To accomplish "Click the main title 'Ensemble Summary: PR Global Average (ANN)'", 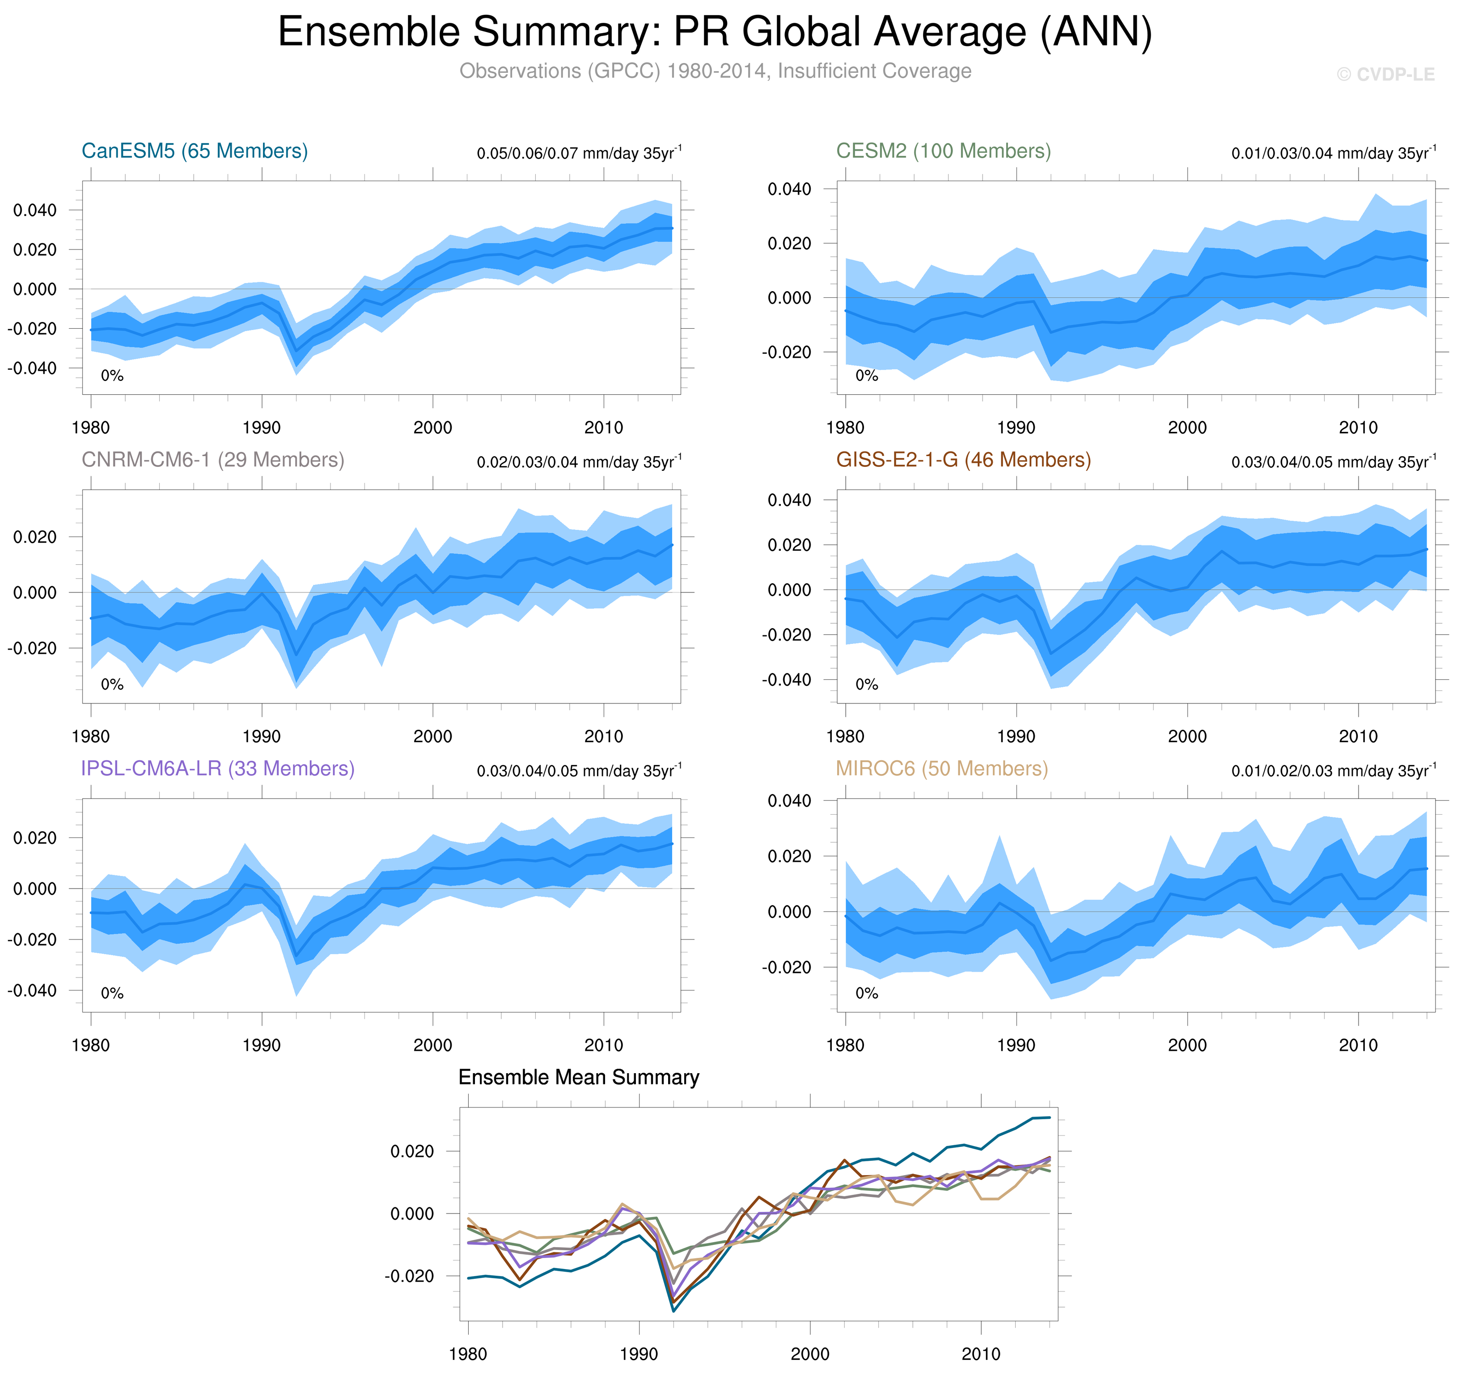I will [715, 32].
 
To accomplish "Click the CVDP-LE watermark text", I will [1385, 75].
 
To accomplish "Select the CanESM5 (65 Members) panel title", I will [194, 151].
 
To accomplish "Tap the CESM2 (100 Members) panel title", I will [943, 151].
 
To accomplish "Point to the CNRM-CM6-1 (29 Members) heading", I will [212, 460].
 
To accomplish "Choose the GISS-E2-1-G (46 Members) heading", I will [963, 460].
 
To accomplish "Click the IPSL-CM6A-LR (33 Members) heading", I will [218, 768].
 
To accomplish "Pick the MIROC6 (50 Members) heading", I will [942, 768].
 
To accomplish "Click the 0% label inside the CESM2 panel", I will [866, 376].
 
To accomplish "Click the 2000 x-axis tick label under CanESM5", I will [432, 427].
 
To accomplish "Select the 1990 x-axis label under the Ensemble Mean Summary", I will [638, 1353].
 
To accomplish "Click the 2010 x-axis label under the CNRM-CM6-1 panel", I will [603, 736].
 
